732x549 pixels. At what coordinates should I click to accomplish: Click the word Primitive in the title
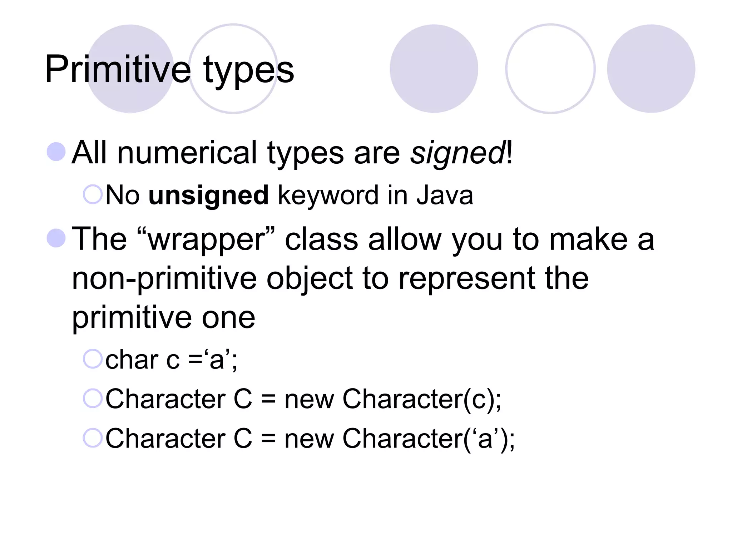click(x=118, y=69)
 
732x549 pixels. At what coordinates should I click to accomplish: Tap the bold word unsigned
click(x=208, y=196)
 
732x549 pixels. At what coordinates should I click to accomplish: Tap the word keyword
click(x=328, y=196)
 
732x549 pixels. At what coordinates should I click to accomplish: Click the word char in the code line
click(x=132, y=360)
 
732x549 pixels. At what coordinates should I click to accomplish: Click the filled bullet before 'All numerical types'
click(x=56, y=152)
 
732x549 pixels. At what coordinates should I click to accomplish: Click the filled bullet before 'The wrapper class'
click(x=56, y=238)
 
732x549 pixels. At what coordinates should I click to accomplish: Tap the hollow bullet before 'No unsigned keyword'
click(x=93, y=195)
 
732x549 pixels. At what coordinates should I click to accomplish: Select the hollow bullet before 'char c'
click(x=93, y=359)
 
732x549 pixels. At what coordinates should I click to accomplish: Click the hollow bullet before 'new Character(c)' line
click(x=93, y=398)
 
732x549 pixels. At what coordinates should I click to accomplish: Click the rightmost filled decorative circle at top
click(x=651, y=69)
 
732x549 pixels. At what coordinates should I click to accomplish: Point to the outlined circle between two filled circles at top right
click(x=550, y=69)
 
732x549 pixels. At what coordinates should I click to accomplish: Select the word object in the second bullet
click(x=310, y=280)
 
